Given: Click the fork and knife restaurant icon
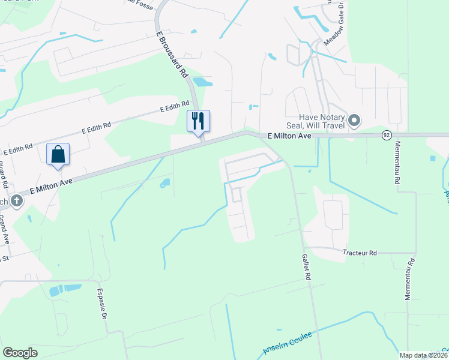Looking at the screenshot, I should [198, 121].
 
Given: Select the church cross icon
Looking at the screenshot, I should [16, 201].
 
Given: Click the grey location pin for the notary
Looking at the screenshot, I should [354, 121].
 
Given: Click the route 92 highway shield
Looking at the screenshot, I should [386, 136].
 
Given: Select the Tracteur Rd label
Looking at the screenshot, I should [360, 253].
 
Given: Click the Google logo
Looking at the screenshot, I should [20, 353].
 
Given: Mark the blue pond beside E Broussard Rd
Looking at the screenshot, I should [202, 82].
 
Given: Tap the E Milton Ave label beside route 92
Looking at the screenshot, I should [289, 136].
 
